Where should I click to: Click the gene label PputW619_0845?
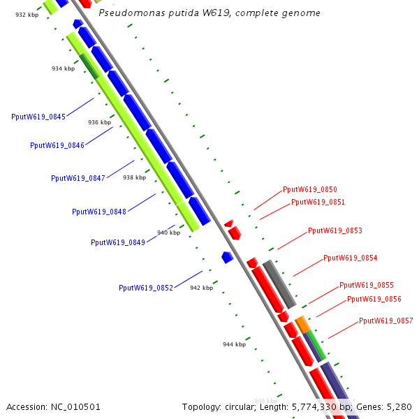click(38, 117)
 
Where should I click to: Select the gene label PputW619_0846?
click(57, 145)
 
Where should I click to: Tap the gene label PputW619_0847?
click(78, 178)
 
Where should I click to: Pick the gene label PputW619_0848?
click(99, 212)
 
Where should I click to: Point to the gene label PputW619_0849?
click(118, 242)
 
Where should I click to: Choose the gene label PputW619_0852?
click(146, 288)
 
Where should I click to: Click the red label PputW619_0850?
click(310, 189)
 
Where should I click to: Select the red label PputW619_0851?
click(318, 202)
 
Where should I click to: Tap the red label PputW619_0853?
click(335, 230)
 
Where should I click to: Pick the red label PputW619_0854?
click(351, 258)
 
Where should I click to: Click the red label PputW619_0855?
click(367, 285)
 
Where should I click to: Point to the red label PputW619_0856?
click(374, 299)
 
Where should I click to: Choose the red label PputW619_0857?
click(386, 321)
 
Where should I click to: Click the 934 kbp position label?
click(63, 68)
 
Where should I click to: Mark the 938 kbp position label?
click(134, 177)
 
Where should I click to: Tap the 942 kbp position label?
click(201, 288)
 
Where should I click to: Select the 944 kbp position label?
click(235, 344)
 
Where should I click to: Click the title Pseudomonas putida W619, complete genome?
click(209, 13)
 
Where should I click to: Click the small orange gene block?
click(302, 324)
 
